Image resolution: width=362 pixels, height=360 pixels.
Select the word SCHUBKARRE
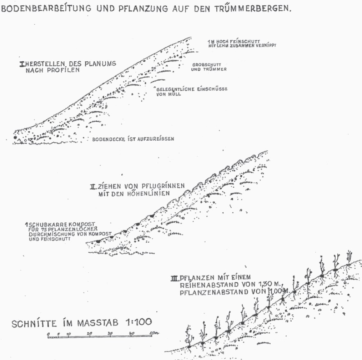pyautogui.click(x=44, y=224)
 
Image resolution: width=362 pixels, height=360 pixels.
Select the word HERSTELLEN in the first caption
pyautogui.click(x=43, y=64)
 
